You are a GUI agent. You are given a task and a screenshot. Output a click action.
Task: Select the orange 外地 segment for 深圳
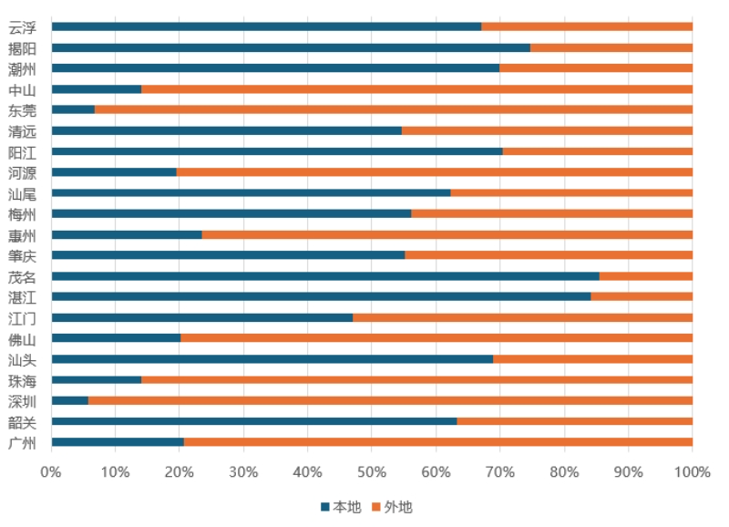pos(390,400)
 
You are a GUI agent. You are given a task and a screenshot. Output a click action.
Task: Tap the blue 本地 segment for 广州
pos(118,442)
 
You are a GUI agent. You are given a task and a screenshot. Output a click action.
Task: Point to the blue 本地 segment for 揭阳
pos(291,47)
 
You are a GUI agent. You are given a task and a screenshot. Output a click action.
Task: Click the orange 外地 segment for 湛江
pos(642,296)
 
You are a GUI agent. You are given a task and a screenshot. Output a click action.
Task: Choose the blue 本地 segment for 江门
pos(201,317)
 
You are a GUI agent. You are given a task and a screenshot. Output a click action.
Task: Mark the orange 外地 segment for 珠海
pos(416,379)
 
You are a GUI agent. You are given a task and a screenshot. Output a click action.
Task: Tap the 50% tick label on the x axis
pos(372,472)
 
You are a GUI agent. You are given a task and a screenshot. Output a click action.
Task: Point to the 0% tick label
pos(51,472)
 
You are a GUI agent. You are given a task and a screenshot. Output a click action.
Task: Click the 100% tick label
pos(693,472)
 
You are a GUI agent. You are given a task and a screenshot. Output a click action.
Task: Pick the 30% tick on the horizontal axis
pos(243,472)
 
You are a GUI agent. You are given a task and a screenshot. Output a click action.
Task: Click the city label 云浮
pos(22,27)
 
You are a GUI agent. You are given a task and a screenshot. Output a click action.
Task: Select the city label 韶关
pos(22,422)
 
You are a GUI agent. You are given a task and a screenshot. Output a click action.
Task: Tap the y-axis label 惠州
pos(22,235)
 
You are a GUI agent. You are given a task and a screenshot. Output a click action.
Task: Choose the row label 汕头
pos(22,359)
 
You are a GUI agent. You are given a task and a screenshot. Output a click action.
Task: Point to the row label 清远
pos(22,131)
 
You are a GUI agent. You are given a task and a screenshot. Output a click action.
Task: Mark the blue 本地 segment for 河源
pos(114,171)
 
